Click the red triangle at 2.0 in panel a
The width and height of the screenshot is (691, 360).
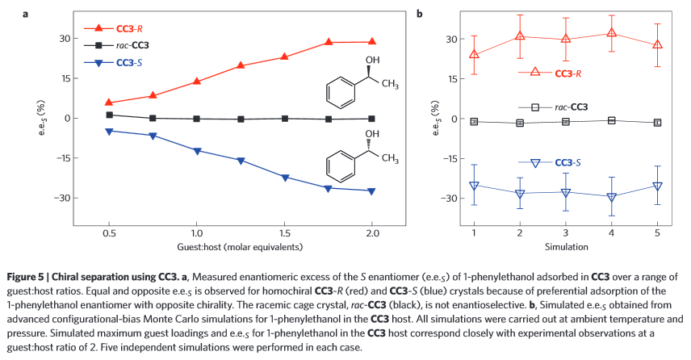click(371, 41)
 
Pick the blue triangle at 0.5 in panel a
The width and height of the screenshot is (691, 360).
click(109, 131)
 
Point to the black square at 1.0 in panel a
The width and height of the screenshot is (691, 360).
click(196, 119)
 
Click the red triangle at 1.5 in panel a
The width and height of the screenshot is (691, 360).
click(284, 57)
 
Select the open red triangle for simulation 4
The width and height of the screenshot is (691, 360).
click(611, 33)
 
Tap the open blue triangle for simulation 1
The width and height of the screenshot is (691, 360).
click(474, 186)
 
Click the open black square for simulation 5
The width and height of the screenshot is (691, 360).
click(657, 123)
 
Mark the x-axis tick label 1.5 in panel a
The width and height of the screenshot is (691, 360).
click(284, 231)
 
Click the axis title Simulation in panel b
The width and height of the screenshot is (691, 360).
click(565, 245)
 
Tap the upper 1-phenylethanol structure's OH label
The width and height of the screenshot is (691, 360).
click(371, 61)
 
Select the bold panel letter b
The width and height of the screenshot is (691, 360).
click(419, 14)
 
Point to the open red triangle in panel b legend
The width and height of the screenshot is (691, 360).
click(534, 73)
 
